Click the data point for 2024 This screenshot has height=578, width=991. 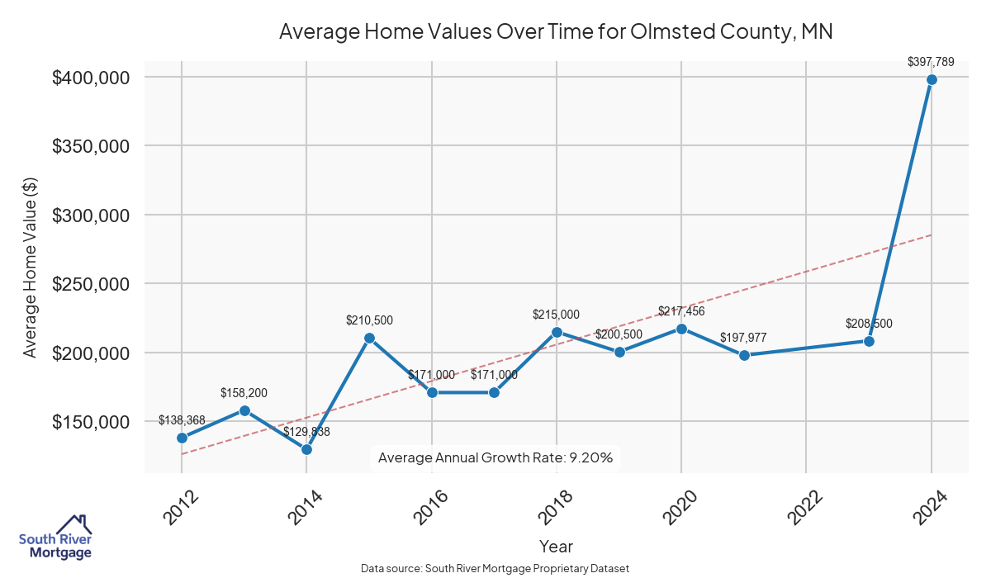click(x=932, y=79)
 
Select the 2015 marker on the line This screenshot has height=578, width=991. click(x=369, y=338)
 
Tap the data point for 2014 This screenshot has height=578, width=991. click(x=306, y=449)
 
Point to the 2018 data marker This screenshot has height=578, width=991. click(x=557, y=332)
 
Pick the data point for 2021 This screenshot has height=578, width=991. click(x=744, y=355)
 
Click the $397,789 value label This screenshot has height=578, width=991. click(x=931, y=61)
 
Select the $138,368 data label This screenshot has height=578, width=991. click(x=182, y=420)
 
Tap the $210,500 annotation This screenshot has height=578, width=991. click(x=369, y=320)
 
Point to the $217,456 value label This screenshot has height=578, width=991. click(x=681, y=310)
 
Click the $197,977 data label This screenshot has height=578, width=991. click(x=744, y=338)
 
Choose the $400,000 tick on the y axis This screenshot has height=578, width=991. click(x=92, y=78)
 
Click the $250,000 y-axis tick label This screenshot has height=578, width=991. click(x=92, y=284)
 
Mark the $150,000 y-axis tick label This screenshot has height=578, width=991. click(x=92, y=422)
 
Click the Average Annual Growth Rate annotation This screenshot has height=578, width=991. click(x=495, y=457)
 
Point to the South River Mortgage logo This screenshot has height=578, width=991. click(x=55, y=538)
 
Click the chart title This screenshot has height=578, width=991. click(x=556, y=31)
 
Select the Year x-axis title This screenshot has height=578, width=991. click(x=556, y=547)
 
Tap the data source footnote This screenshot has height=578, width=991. click(x=495, y=568)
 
